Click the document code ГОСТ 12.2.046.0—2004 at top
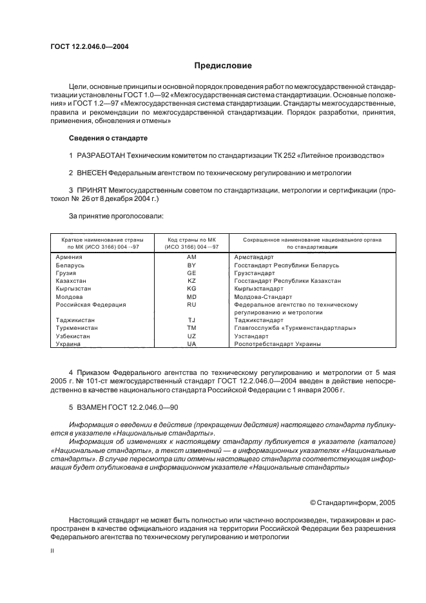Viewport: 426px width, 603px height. [89, 46]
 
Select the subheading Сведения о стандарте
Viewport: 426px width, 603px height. [108, 138]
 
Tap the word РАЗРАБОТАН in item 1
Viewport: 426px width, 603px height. [101, 155]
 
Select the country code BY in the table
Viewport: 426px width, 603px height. [191, 265]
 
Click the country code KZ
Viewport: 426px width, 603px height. [191, 281]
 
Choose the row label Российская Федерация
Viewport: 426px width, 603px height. [91, 304]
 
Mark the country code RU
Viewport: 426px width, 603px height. [191, 304]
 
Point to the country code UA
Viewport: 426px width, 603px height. [191, 344]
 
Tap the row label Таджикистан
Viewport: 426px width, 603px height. [75, 320]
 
